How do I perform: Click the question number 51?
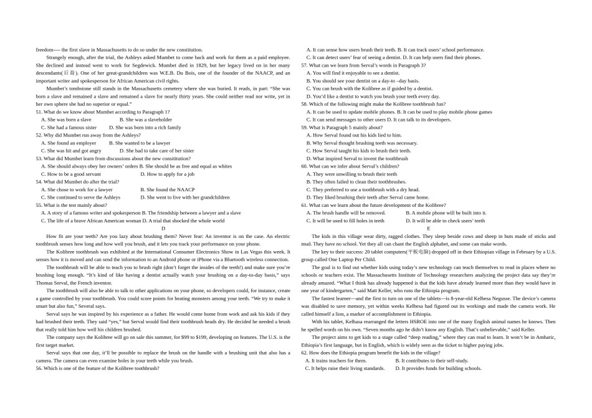coord(39,112)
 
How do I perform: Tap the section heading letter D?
coord(163,229)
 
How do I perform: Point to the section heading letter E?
coord(428,229)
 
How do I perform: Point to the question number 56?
coord(39,368)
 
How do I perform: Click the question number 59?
coord(305,127)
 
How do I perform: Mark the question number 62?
coord(305,353)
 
